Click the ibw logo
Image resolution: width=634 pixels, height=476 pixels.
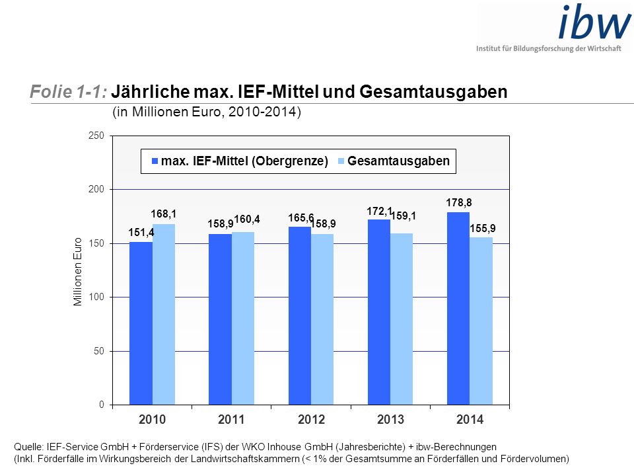[x=553, y=28]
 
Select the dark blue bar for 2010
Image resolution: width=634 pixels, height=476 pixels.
[x=141, y=323]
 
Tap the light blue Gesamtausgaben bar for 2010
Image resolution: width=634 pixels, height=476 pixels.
[x=164, y=314]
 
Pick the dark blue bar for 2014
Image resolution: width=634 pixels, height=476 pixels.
[x=458, y=309]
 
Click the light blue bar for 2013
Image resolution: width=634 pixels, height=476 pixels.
[x=402, y=319]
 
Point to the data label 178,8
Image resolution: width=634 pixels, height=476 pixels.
[x=458, y=202]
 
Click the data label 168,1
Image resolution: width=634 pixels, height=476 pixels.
[x=163, y=214]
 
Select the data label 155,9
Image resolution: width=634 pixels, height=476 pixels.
[x=482, y=228]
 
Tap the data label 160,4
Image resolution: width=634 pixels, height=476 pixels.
[x=246, y=219]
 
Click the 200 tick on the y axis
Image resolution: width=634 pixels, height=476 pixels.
[x=96, y=189]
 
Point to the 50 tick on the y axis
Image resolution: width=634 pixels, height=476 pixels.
[x=99, y=351]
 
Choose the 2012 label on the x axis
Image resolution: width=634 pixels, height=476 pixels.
[x=311, y=419]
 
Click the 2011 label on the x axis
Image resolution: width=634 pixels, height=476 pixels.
[x=231, y=419]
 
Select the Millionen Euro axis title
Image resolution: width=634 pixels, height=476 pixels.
[x=78, y=272]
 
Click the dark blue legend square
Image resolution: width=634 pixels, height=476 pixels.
[x=155, y=161]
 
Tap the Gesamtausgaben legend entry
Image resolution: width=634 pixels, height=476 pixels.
[x=394, y=161]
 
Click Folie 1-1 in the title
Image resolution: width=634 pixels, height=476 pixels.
[x=68, y=91]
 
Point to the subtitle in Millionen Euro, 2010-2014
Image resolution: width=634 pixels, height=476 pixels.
[x=207, y=112]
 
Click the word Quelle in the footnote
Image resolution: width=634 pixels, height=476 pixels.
[x=28, y=447]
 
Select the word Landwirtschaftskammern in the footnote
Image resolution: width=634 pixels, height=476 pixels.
[x=245, y=459]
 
